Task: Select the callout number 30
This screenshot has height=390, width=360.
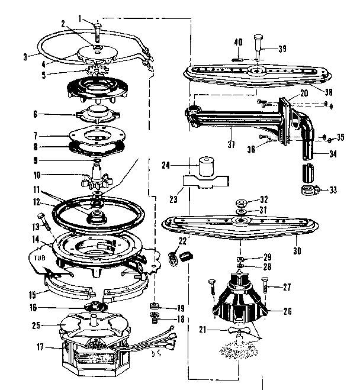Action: pyautogui.click(x=297, y=251)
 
